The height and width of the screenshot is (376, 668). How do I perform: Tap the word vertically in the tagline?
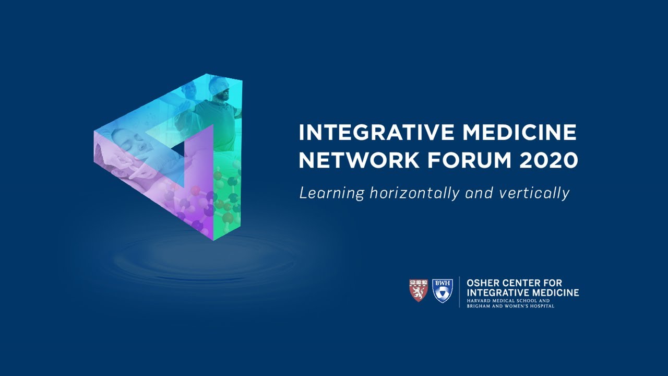click(x=533, y=193)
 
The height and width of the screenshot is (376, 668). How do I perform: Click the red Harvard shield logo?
click(x=418, y=290)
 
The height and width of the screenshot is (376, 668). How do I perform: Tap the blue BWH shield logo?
click(x=443, y=290)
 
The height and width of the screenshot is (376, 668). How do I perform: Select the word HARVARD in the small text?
click(x=479, y=301)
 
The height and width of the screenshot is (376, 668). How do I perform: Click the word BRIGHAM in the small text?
click(x=479, y=306)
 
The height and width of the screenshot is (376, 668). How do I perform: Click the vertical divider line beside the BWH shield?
click(x=459, y=291)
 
